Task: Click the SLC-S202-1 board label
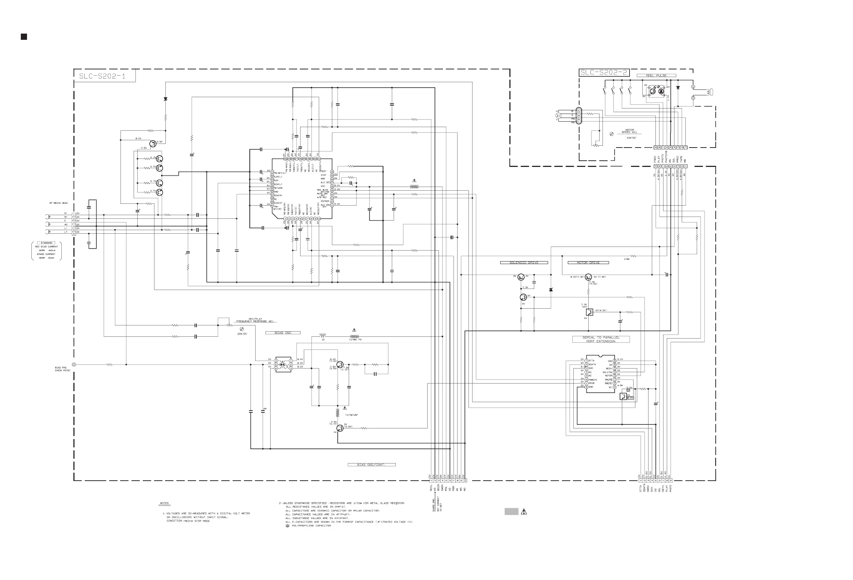coord(102,76)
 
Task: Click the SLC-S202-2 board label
coord(603,73)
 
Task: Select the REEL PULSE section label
coord(656,76)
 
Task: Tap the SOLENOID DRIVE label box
coord(524,263)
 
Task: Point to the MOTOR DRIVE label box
coord(588,263)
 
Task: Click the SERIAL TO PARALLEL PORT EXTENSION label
coord(601,340)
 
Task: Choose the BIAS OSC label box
coord(283,333)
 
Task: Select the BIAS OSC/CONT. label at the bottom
coord(371,465)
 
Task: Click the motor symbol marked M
coord(559,116)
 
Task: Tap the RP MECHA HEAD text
coord(59,203)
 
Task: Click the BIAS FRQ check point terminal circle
coord(74,365)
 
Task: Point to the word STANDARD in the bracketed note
coord(46,243)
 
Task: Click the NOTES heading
coord(164,503)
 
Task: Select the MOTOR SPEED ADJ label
coord(630,131)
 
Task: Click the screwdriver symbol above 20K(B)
coord(241,329)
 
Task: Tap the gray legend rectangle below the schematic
coord(511,512)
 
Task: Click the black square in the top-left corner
coord(24,37)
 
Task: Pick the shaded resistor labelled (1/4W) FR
coord(354,336)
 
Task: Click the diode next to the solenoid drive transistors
coord(551,290)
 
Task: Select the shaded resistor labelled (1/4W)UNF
coord(338,413)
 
